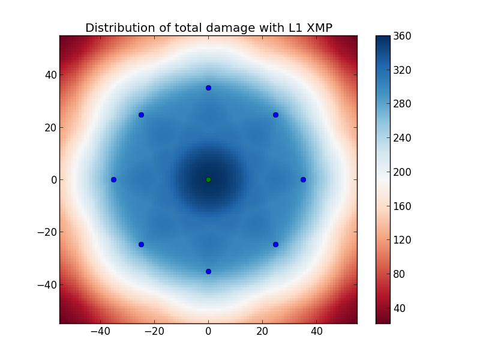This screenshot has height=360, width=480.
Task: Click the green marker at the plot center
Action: tap(208, 179)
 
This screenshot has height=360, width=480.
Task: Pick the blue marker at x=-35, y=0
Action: tap(113, 179)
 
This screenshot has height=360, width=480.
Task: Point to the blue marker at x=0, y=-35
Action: tap(208, 271)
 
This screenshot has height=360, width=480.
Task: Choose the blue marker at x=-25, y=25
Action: tap(141, 115)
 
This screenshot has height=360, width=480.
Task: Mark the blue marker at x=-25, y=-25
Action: tap(141, 244)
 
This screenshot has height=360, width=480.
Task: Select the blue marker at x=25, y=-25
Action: tap(275, 244)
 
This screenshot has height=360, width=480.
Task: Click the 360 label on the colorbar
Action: tap(402, 36)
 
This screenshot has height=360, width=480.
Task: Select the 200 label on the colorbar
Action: tap(402, 172)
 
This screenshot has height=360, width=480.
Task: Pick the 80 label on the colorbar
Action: tap(398, 274)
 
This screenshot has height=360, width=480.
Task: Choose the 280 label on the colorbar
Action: tap(402, 104)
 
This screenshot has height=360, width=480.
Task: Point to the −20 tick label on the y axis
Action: tap(44, 232)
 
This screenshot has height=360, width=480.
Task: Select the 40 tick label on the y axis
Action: tap(48, 75)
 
